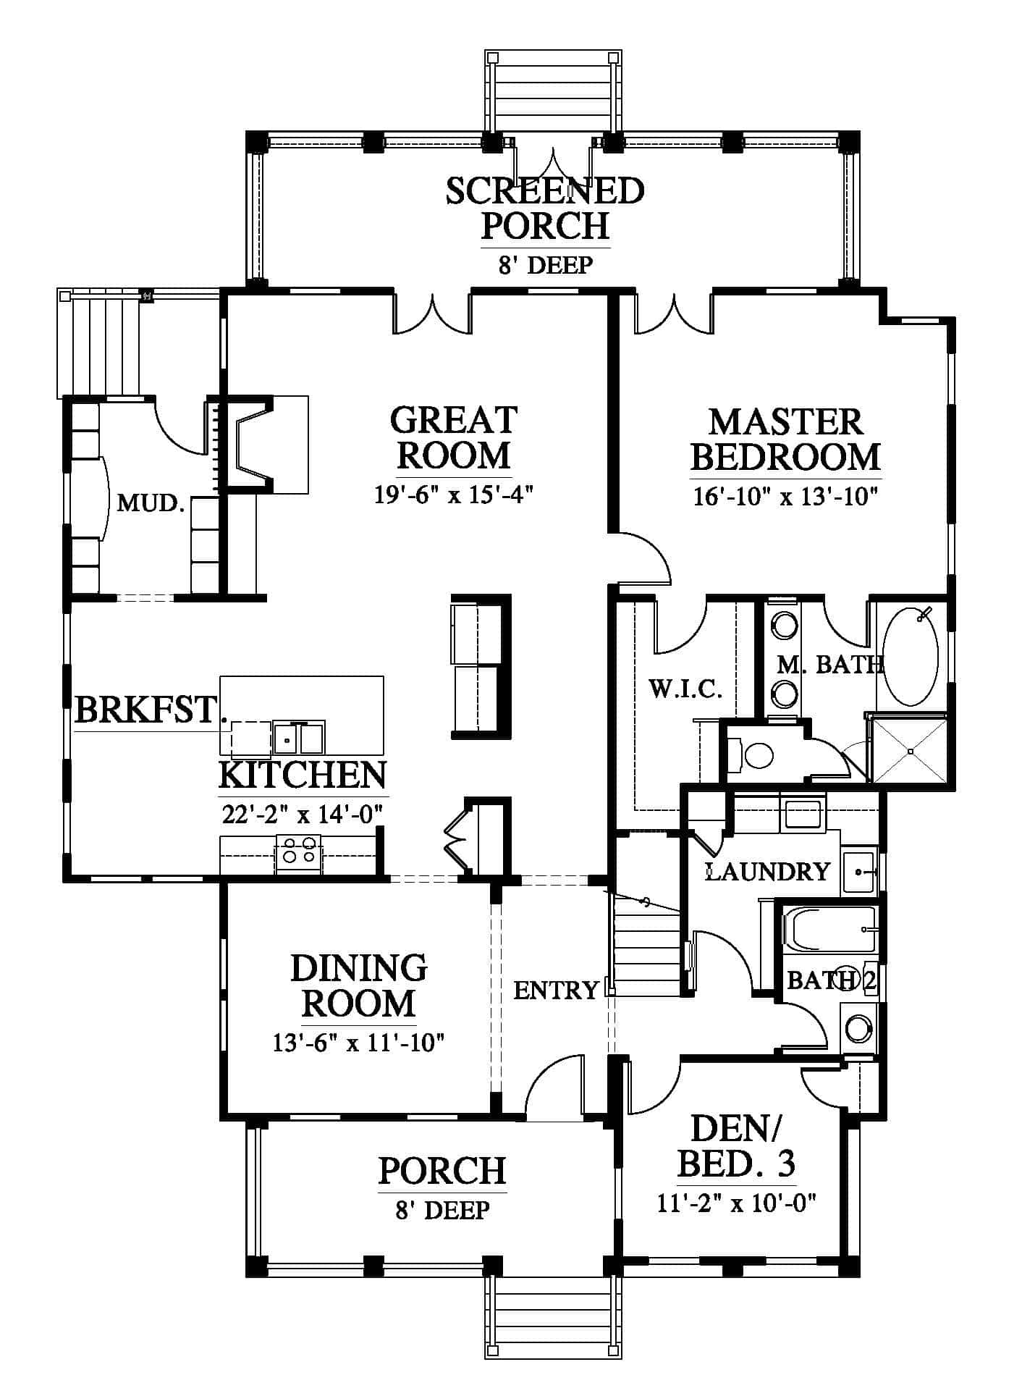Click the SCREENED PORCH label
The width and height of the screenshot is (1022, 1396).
click(x=544, y=209)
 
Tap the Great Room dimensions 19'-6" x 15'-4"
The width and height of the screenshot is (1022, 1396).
click(x=454, y=495)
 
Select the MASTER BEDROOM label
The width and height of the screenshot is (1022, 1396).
click(x=785, y=440)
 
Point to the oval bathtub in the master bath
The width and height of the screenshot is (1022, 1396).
click(x=911, y=657)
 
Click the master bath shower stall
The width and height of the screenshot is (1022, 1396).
click(x=910, y=749)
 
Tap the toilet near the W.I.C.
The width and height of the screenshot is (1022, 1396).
click(x=751, y=756)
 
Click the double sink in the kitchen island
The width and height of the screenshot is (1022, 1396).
click(x=299, y=738)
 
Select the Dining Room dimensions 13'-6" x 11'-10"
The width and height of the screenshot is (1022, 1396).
click(x=358, y=1043)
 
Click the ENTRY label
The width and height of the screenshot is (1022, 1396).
click(x=556, y=989)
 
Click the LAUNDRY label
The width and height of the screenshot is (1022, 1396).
click(x=767, y=871)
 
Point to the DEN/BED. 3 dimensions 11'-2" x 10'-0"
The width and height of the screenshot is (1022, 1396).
click(x=737, y=1203)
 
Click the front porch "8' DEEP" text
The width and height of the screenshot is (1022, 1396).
click(x=442, y=1210)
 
